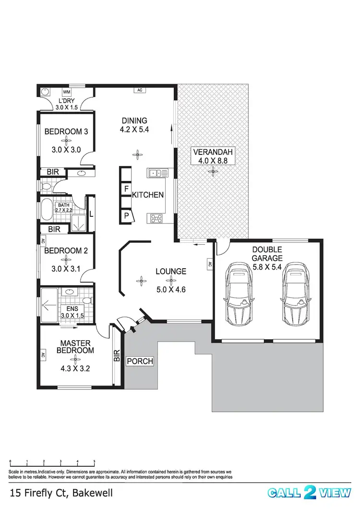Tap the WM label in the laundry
(x=67, y=92)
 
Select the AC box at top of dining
(x=140, y=90)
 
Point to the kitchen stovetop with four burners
(x=156, y=218)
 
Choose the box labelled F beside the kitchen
(x=126, y=189)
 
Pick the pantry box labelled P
(x=126, y=216)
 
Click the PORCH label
(x=140, y=361)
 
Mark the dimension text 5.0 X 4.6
(x=170, y=289)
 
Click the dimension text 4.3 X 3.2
(x=75, y=369)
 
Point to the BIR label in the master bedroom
(x=116, y=355)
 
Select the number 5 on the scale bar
(x=94, y=461)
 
